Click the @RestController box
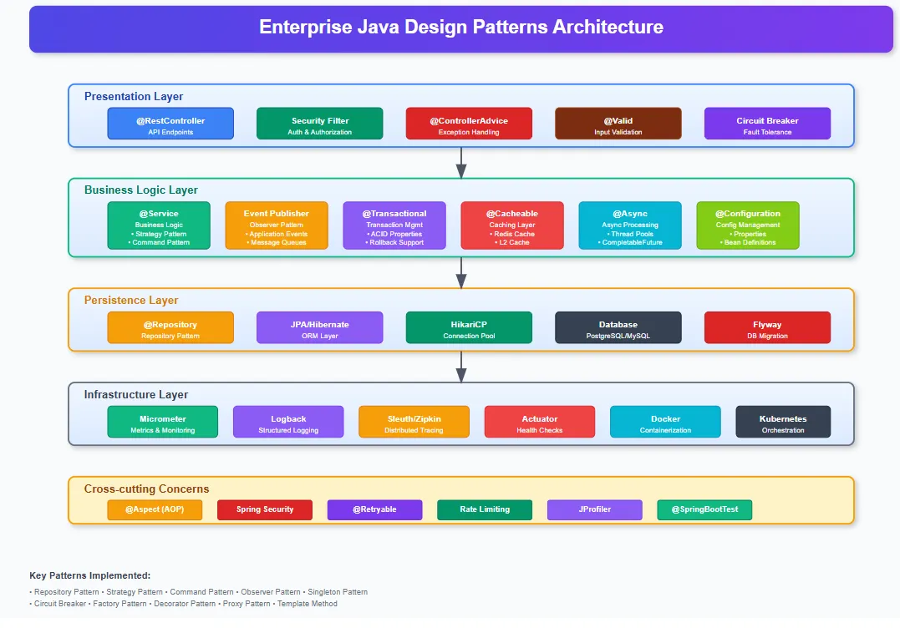pos(170,124)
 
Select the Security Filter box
pos(319,124)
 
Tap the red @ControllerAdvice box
pos(469,124)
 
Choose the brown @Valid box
pos(618,124)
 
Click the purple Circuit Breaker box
pos(767,124)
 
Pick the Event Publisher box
pos(277,225)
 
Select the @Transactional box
pos(394,225)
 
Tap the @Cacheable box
pos(512,225)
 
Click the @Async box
pos(630,225)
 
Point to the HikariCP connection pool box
pos(469,327)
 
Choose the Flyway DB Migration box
pos(767,327)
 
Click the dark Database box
pos(618,327)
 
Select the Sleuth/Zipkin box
pos(414,422)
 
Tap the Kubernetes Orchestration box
pos(783,422)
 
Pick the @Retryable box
pos(374,509)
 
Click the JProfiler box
pos(594,509)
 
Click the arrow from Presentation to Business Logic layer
pos(460,163)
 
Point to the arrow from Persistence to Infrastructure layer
pos(460,367)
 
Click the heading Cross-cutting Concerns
pos(147,489)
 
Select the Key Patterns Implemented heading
pos(90,575)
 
